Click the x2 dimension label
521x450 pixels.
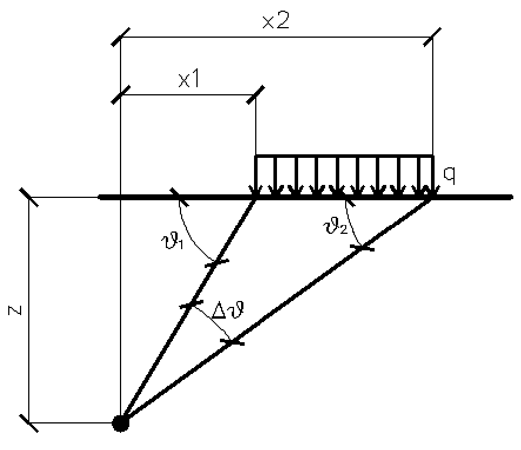(x=276, y=22)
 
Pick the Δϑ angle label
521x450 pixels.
(x=228, y=312)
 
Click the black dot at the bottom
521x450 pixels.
(x=121, y=423)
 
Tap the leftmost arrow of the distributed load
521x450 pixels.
(x=256, y=177)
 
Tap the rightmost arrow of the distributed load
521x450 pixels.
(x=432, y=177)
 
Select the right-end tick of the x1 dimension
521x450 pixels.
(x=256, y=95)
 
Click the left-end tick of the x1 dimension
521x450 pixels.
(x=121, y=95)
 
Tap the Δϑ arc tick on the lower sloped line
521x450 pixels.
(x=234, y=342)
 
